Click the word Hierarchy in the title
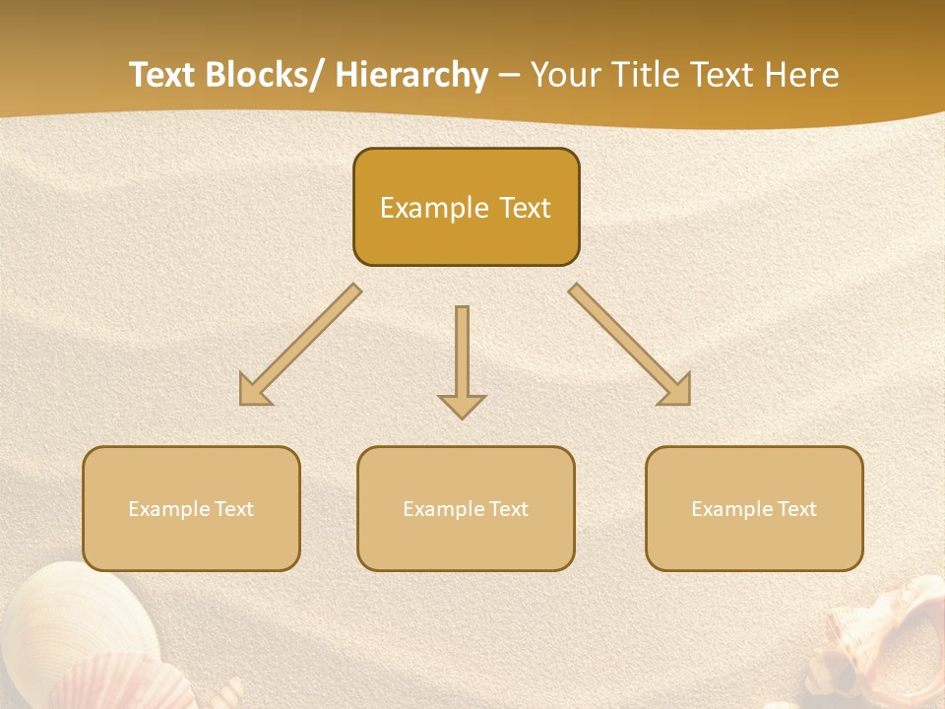pyautogui.click(x=411, y=76)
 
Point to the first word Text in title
pyautogui.click(x=164, y=76)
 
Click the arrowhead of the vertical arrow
pyautogui.click(x=462, y=406)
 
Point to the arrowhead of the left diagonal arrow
pyautogui.click(x=253, y=391)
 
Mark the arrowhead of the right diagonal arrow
pyautogui.click(x=677, y=391)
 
